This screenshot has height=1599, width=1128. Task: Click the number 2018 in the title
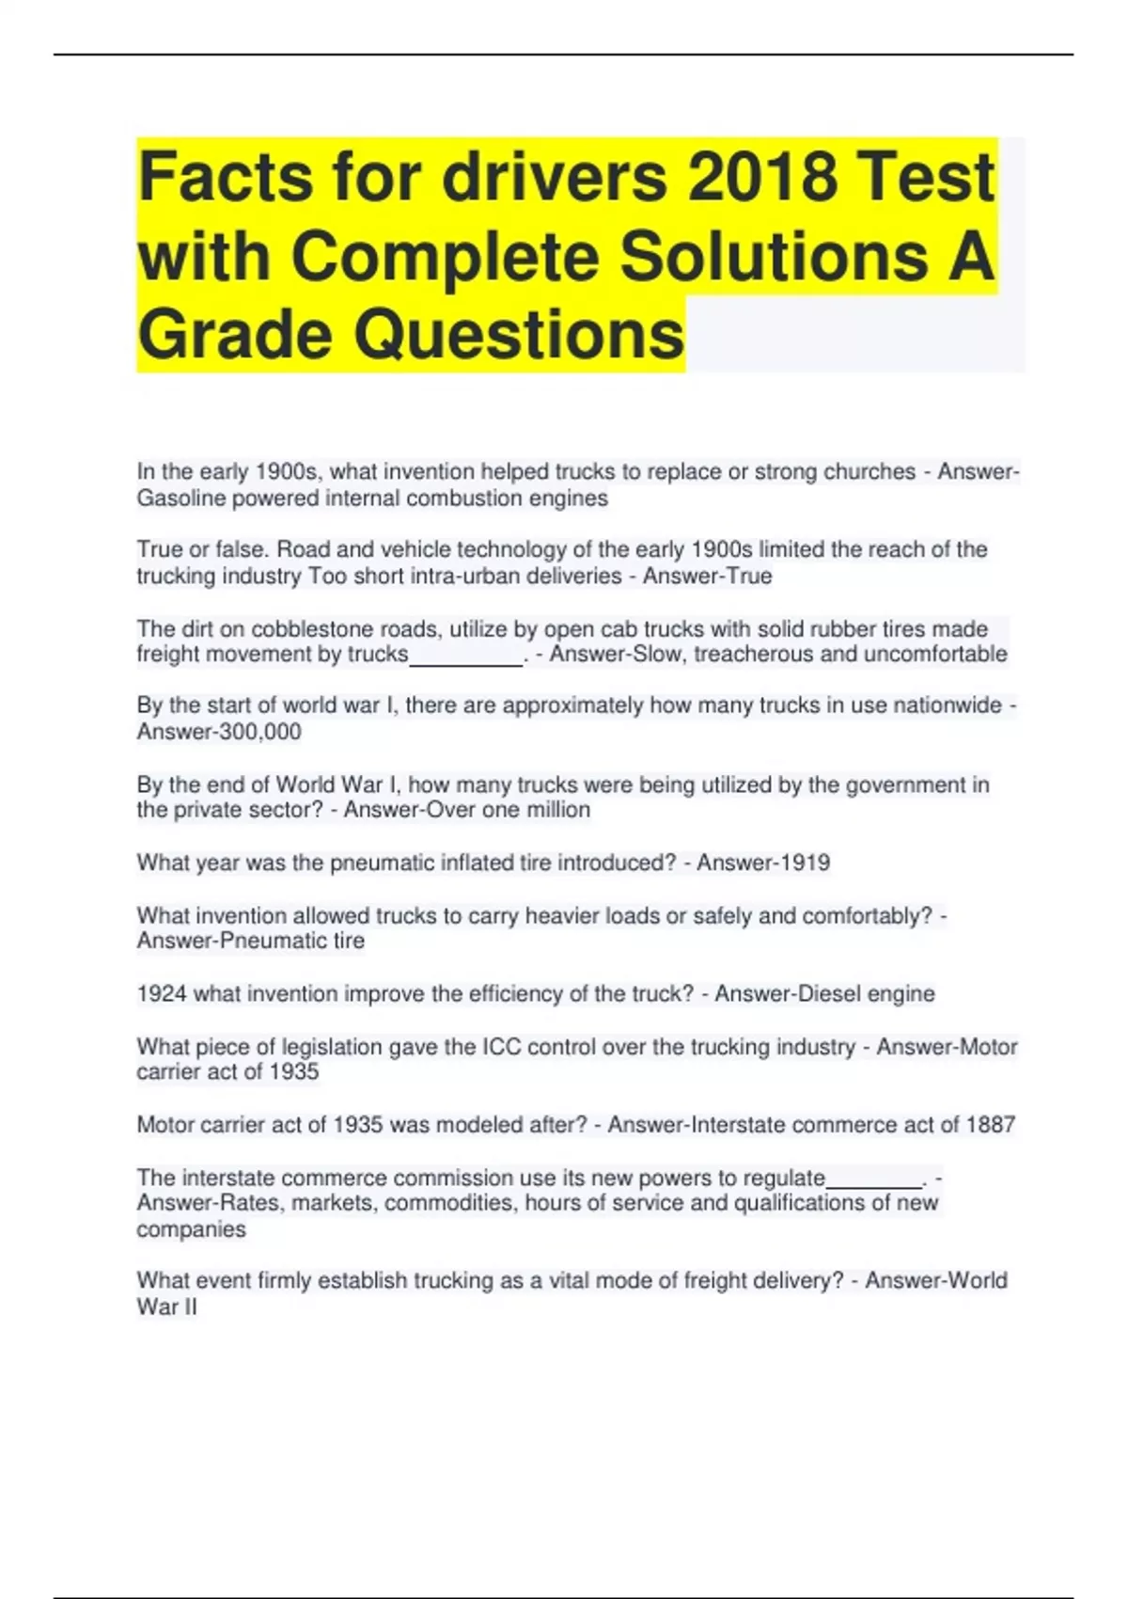761,177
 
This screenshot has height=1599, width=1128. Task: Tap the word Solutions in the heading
773,256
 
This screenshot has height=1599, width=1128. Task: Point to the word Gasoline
180,499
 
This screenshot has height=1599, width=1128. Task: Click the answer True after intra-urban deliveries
750,576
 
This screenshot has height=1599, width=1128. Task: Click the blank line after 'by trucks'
465,657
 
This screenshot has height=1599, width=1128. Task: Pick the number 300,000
259,732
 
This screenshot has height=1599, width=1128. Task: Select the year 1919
803,863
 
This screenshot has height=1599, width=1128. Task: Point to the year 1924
162,993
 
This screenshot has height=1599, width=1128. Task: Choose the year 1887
990,1124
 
